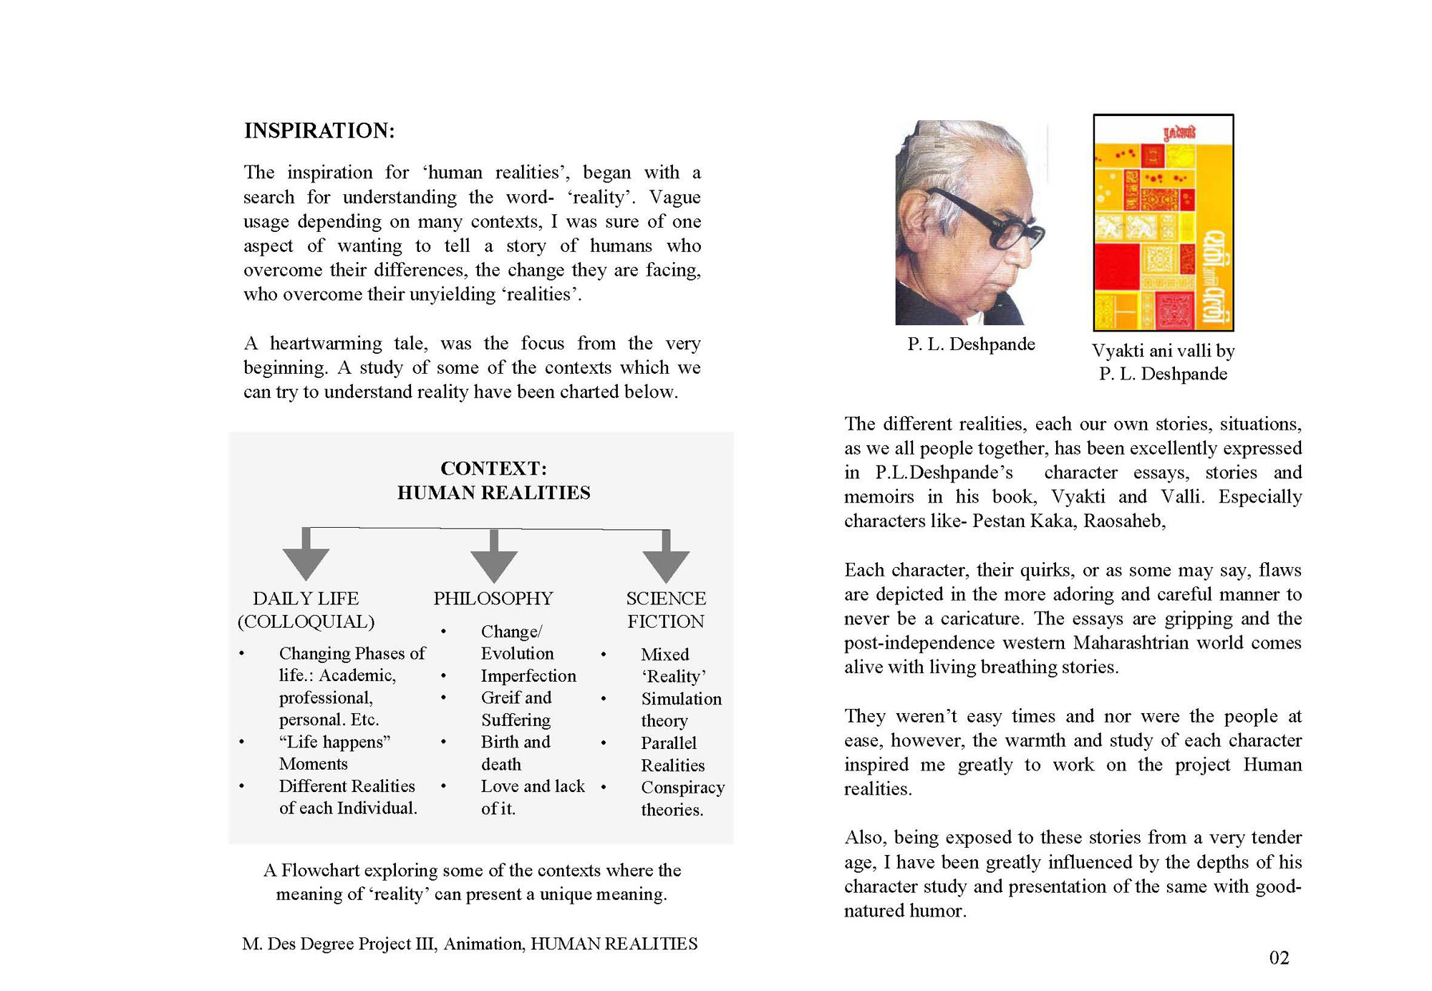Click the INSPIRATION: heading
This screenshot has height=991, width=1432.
coord(319,131)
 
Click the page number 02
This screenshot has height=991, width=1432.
coord(1279,958)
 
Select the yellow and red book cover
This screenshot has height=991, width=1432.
coord(1163,223)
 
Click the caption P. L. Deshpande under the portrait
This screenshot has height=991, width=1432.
coord(971,344)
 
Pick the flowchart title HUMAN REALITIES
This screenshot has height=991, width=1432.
coord(493,493)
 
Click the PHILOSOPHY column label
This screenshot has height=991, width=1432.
coord(493,598)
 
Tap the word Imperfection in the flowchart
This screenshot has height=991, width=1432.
coord(528,676)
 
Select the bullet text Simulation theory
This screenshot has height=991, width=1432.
coord(680,710)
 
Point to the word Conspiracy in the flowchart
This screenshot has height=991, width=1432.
coord(682,788)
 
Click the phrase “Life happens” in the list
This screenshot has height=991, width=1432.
coord(334,742)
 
